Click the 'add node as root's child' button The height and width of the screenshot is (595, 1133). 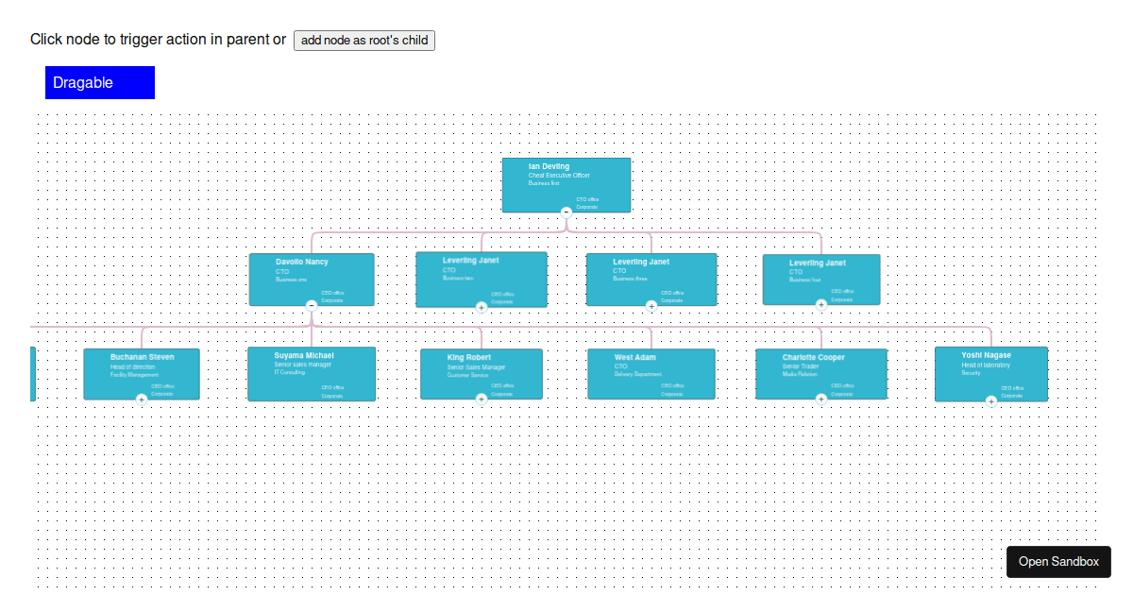click(364, 40)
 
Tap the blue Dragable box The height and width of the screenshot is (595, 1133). click(100, 82)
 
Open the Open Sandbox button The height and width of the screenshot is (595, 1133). click(1058, 561)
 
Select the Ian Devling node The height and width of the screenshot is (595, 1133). click(566, 184)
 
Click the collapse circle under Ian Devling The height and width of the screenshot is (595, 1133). click(566, 212)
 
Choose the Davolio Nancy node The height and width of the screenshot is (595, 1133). click(312, 279)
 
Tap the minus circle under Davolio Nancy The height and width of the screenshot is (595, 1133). click(312, 305)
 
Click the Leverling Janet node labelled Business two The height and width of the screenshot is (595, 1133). click(482, 279)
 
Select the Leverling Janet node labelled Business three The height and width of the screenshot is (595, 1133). click(651, 279)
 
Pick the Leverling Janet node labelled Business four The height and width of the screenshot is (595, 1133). click(821, 279)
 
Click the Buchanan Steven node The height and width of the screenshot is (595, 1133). click(142, 373)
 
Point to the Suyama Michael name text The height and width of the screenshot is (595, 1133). click(304, 355)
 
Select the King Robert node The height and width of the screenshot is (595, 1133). click(482, 373)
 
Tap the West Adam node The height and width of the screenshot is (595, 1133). click(651, 373)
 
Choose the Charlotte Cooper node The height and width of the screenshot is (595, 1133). click(821, 373)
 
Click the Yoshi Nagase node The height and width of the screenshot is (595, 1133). click(991, 373)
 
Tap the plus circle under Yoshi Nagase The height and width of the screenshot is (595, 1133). click(991, 400)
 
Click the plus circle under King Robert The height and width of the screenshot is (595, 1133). click(482, 399)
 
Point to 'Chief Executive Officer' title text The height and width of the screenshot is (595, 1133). click(559, 176)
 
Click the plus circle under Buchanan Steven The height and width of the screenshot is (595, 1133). click(142, 399)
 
